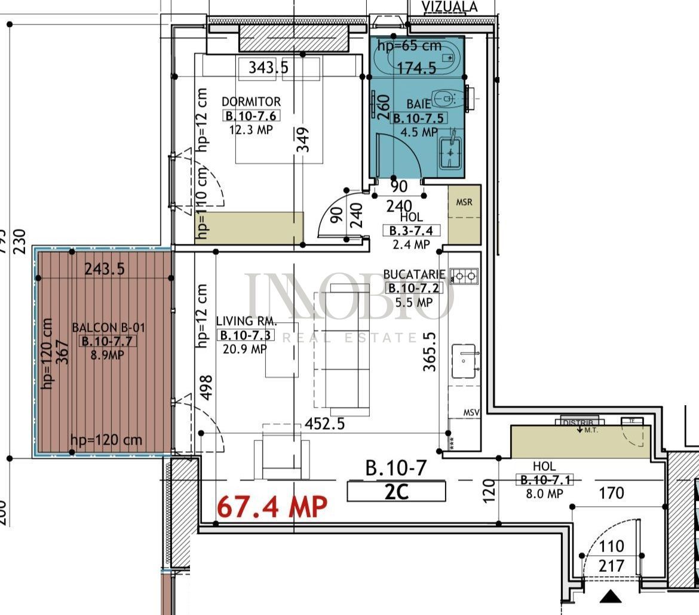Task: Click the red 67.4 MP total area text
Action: click(272, 507)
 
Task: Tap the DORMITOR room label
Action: click(251, 102)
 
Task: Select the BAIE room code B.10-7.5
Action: click(418, 118)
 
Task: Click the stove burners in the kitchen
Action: click(464, 276)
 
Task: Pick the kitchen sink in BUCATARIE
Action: click(464, 361)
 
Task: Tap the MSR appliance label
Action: click(464, 202)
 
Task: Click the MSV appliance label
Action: click(472, 413)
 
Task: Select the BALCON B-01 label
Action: click(108, 328)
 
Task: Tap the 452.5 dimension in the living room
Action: click(325, 424)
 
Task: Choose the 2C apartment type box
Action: click(396, 492)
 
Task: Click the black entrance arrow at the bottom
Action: click(611, 596)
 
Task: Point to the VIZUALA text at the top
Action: click(450, 7)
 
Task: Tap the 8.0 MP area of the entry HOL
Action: click(545, 494)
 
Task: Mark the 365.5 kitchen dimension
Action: click(430, 353)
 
